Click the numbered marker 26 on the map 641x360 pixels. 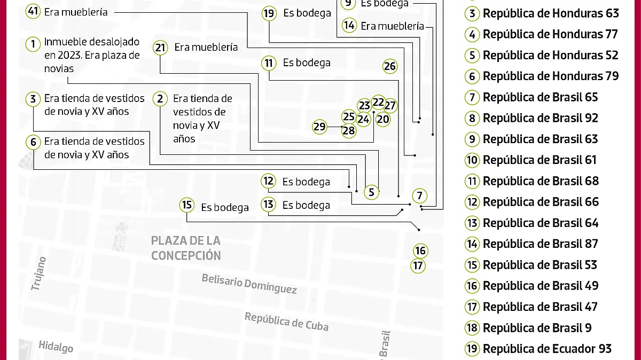pyautogui.click(x=390, y=66)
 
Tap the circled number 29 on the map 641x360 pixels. pyautogui.click(x=319, y=127)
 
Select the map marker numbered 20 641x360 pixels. pyautogui.click(x=383, y=119)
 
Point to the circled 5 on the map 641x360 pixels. pyautogui.click(x=372, y=191)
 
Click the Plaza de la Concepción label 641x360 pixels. pyautogui.click(x=186, y=248)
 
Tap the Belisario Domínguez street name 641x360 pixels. pyautogui.click(x=249, y=283)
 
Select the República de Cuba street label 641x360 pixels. pyautogui.click(x=286, y=322)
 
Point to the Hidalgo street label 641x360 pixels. pyautogui.click(x=56, y=347)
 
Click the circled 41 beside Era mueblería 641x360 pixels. pyautogui.click(x=33, y=12)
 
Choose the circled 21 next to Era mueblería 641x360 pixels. pyautogui.click(x=160, y=48)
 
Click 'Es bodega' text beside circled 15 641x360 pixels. pyautogui.click(x=225, y=207)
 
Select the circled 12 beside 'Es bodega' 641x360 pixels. pyautogui.click(x=268, y=182)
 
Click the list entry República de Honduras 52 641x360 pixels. pyautogui.click(x=550, y=55)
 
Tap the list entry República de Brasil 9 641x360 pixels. pyautogui.click(x=537, y=328)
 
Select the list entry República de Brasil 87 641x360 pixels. pyautogui.click(x=540, y=244)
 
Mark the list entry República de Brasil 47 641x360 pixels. pyautogui.click(x=540, y=307)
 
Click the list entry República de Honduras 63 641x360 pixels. pyautogui.click(x=550, y=13)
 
